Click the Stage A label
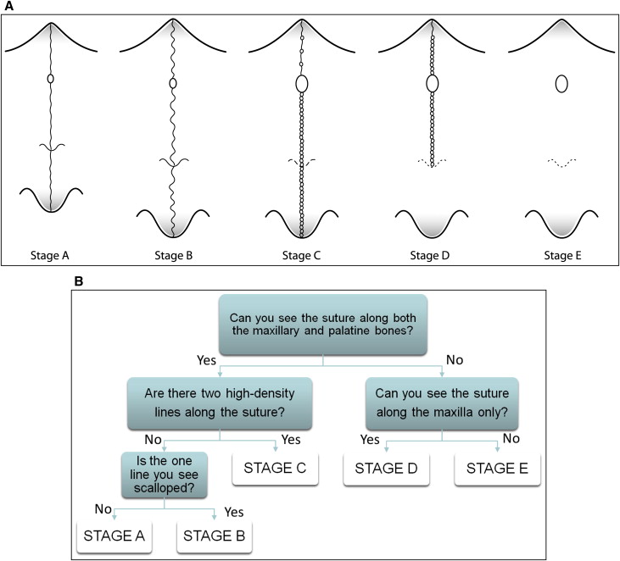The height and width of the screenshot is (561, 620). (50, 252)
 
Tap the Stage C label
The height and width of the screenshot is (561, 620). (301, 252)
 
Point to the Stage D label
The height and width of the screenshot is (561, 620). (432, 252)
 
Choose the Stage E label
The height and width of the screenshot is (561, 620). (560, 252)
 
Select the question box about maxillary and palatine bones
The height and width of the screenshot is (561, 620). (323, 326)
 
